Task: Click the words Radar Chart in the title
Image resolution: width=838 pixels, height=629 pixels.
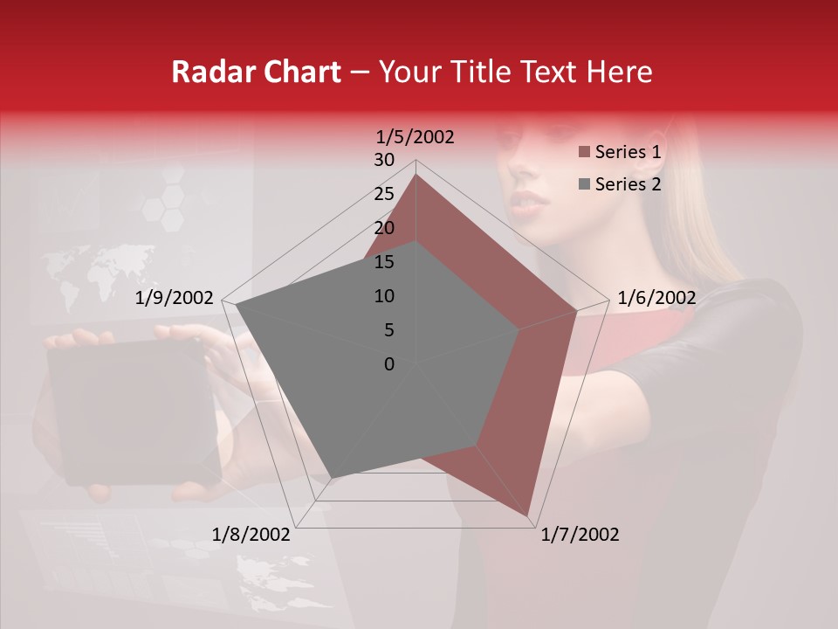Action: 256,73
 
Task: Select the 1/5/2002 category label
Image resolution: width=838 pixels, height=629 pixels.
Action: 415,137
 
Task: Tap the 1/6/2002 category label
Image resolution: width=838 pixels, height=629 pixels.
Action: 656,298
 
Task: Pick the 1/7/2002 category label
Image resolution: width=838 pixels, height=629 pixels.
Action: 580,535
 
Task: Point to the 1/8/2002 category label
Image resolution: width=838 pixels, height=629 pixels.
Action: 251,535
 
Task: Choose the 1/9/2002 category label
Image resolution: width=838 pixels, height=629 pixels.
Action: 175,298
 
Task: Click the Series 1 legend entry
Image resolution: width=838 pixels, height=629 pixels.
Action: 627,152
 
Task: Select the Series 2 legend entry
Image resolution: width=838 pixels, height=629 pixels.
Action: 627,183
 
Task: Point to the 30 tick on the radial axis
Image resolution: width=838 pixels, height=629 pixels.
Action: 384,160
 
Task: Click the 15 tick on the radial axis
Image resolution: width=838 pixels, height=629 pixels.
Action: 384,262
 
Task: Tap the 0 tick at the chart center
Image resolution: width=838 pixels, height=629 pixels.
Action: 389,364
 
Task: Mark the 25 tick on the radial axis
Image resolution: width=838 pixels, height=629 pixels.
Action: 384,194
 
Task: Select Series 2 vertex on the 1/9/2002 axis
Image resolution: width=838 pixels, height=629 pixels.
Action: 236,306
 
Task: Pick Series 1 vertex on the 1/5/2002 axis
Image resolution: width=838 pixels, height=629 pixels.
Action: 416,174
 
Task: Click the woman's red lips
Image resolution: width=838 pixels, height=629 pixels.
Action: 530,202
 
